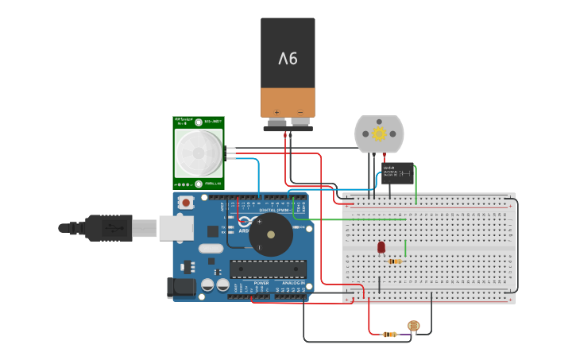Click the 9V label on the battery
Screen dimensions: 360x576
point(288,59)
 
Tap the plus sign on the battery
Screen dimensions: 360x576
point(276,111)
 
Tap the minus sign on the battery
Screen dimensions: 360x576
point(300,111)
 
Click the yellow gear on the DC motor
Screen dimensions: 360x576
point(379,134)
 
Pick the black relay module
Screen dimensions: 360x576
point(397,173)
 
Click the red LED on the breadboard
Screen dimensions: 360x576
point(381,247)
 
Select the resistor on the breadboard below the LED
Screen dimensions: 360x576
point(394,261)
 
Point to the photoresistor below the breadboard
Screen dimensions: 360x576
point(413,326)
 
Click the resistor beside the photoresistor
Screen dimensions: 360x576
point(389,334)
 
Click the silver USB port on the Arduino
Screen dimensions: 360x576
point(176,228)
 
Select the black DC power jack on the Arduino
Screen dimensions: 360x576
point(182,288)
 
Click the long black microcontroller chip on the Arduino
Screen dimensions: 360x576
point(267,269)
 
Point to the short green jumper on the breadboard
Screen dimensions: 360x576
point(405,248)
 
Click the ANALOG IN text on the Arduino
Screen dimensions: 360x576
point(293,282)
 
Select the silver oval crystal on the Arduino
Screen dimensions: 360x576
point(211,249)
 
